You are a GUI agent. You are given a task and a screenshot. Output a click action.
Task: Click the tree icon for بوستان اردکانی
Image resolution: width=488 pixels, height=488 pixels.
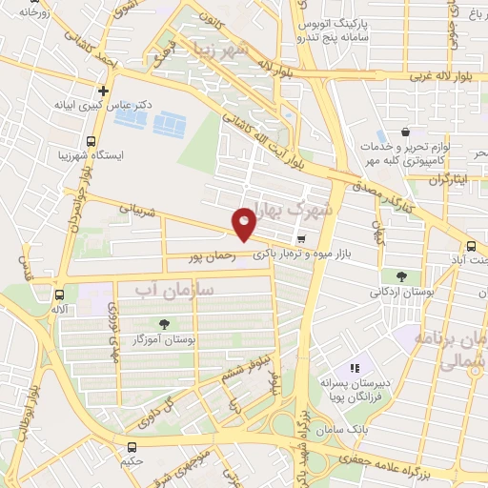401,276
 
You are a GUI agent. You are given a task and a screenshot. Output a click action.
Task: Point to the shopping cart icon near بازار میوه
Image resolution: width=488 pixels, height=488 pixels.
301,239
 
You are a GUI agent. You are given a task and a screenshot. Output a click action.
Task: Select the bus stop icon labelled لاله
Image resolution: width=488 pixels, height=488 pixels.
60,295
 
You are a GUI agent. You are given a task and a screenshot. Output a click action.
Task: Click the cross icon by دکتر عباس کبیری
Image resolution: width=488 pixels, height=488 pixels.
103,91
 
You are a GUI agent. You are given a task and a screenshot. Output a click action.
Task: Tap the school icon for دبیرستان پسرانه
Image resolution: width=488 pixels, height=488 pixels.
355,367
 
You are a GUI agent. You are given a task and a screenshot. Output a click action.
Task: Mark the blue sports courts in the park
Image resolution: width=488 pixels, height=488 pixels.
170,123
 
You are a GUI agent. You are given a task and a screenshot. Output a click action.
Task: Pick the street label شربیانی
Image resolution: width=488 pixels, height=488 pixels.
136,207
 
